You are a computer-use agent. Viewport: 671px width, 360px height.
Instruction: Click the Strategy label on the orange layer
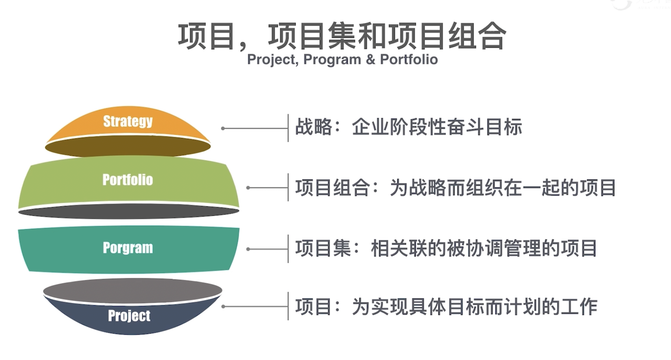coord(128,121)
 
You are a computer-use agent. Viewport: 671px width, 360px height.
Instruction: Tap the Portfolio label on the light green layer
coord(128,180)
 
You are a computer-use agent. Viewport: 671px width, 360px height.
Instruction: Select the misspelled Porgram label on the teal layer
coord(128,248)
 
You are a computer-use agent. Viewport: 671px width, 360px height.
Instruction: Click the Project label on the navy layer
coord(129,316)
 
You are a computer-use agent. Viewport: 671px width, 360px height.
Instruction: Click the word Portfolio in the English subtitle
coord(409,59)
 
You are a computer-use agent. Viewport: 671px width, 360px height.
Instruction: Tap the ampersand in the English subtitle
coord(370,59)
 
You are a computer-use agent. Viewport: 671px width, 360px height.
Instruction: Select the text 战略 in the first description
coord(313,127)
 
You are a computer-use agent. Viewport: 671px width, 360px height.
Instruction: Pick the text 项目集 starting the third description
coord(323,248)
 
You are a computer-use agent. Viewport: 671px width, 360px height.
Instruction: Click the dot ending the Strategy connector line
coord(223,128)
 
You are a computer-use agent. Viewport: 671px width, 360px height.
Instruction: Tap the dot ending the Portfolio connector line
coord(248,188)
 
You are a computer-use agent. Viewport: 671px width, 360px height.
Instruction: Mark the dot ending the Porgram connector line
coord(248,249)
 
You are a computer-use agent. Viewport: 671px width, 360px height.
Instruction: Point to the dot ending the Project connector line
coord(223,307)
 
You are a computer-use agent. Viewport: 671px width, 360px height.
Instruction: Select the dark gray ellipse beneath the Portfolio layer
coord(129,212)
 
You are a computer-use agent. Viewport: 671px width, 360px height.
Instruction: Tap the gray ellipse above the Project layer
coord(133,291)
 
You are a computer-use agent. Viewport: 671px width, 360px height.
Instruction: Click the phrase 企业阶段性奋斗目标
coord(437,127)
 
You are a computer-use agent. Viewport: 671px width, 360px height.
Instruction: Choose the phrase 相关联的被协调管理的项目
coord(484,248)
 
